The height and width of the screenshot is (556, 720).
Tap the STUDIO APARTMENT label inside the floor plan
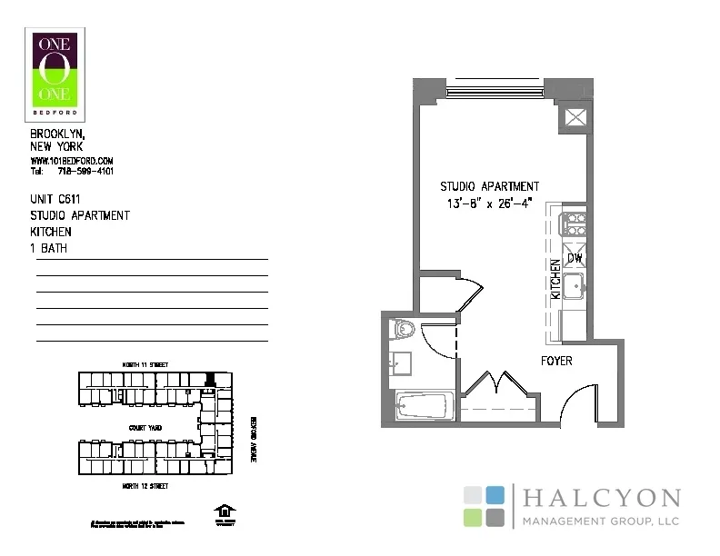(489, 187)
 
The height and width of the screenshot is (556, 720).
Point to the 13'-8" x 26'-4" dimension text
(489, 204)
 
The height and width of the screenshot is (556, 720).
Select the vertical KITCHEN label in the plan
(556, 280)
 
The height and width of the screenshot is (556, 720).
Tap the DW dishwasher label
(575, 259)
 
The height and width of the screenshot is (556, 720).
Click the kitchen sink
(575, 289)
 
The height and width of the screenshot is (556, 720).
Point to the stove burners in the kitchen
(575, 223)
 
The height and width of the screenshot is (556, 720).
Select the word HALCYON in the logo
(602, 499)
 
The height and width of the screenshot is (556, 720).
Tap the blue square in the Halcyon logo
(495, 495)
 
